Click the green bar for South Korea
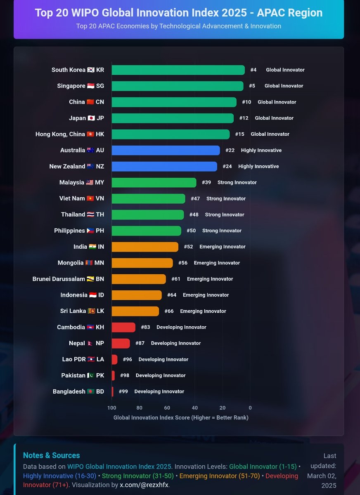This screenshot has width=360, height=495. point(178,70)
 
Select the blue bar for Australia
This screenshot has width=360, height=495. point(166,151)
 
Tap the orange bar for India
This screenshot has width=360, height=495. point(145,247)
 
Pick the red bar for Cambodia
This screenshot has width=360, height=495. point(123,328)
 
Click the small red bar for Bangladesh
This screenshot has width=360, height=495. point(112,392)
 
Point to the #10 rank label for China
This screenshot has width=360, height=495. point(246,102)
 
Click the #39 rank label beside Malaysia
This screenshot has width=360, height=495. point(206,183)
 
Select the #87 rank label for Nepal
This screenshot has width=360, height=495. point(140,344)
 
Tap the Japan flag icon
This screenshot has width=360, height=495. point(91,118)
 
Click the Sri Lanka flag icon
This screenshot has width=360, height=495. point(92,311)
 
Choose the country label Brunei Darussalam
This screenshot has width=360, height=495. point(59,279)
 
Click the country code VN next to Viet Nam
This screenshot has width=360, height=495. point(100,199)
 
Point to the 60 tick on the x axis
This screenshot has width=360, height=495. point(167,408)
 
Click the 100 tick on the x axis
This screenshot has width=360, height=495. point(112,408)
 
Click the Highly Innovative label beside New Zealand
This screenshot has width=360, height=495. point(258,167)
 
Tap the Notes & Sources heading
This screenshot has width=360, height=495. point(51,456)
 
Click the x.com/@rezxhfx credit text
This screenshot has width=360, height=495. point(144,485)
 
